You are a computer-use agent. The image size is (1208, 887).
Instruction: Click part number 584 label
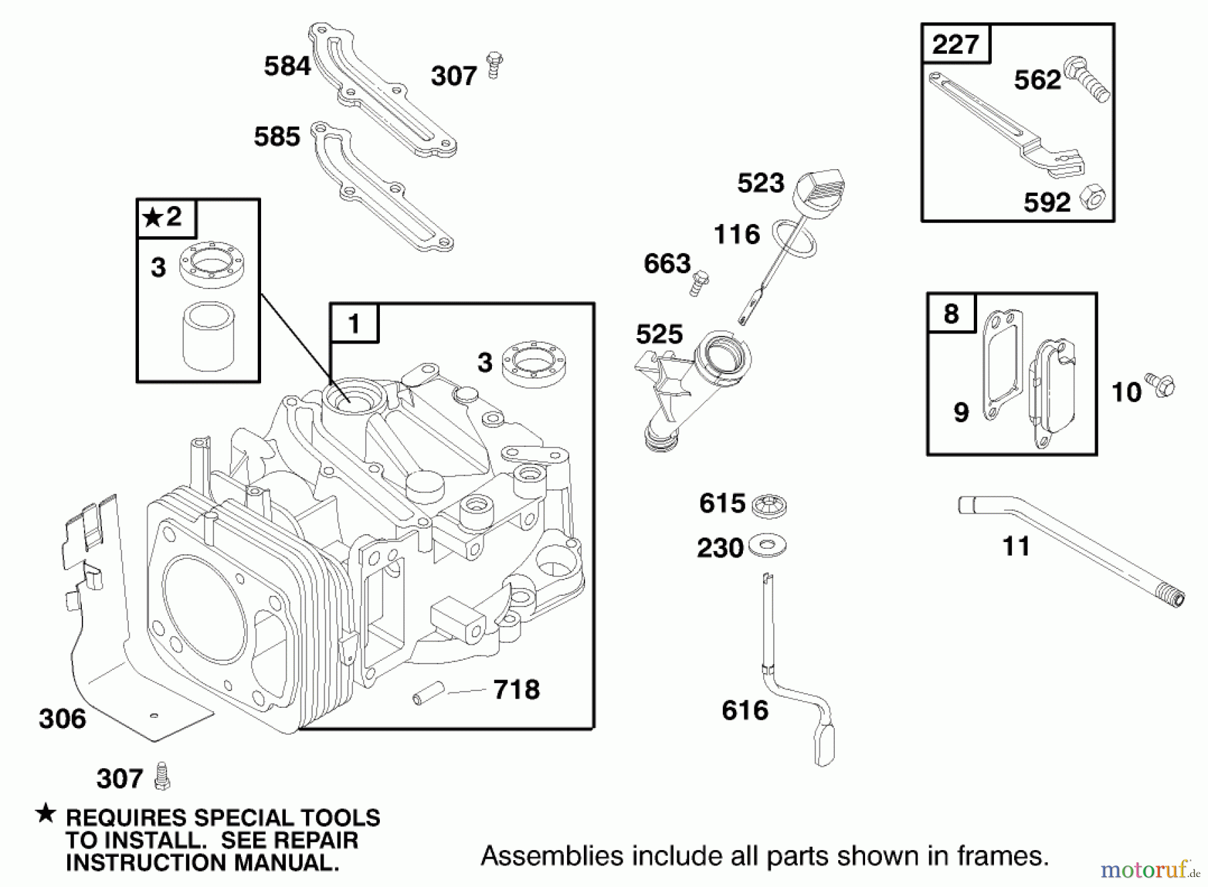click(x=287, y=66)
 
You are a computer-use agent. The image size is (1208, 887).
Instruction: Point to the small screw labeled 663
click(x=700, y=282)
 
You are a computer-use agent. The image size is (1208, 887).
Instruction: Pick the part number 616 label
click(x=744, y=710)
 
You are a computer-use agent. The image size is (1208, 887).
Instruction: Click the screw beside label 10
click(x=1160, y=385)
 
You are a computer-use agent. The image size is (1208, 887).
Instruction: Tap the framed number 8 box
click(x=951, y=313)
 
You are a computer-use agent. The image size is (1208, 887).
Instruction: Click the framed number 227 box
click(x=955, y=44)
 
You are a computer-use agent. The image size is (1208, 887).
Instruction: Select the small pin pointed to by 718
click(x=429, y=692)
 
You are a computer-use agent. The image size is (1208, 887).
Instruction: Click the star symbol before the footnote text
click(x=46, y=815)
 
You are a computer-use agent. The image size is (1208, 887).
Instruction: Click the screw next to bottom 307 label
click(x=161, y=776)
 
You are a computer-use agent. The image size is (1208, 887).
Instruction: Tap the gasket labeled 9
click(x=1002, y=366)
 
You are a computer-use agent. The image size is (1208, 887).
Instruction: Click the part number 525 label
click(x=658, y=334)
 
